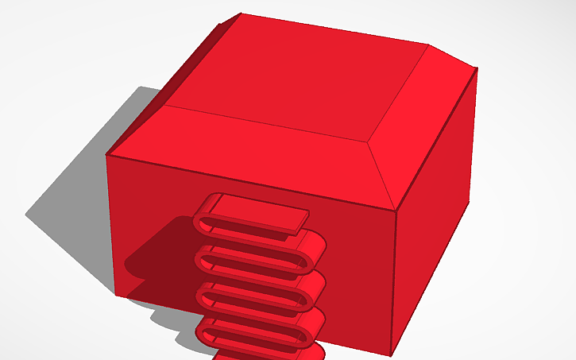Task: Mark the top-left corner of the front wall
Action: [x=107, y=155]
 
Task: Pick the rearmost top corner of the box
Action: [x=239, y=14]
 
